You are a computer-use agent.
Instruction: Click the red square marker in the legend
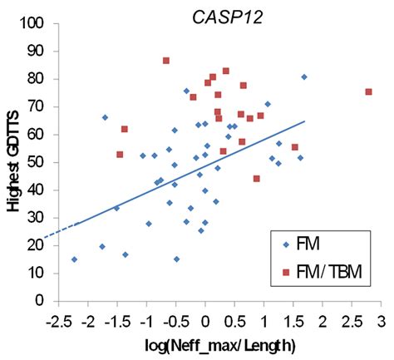pyautogui.click(x=284, y=272)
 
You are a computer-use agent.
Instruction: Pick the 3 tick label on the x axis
pyautogui.click(x=381, y=319)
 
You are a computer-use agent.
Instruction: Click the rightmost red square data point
pyautogui.click(x=368, y=92)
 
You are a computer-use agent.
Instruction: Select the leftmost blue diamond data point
pyautogui.click(x=74, y=259)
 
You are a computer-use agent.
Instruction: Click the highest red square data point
pyautogui.click(x=166, y=61)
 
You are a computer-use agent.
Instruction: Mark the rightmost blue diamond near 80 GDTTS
pyautogui.click(x=304, y=77)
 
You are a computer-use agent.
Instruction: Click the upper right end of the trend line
pyautogui.click(x=305, y=121)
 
